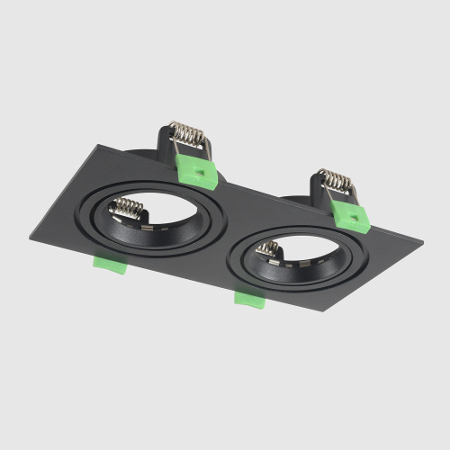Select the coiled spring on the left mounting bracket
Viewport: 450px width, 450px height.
(x=190, y=136)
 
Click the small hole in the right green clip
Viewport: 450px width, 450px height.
(x=357, y=216)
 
